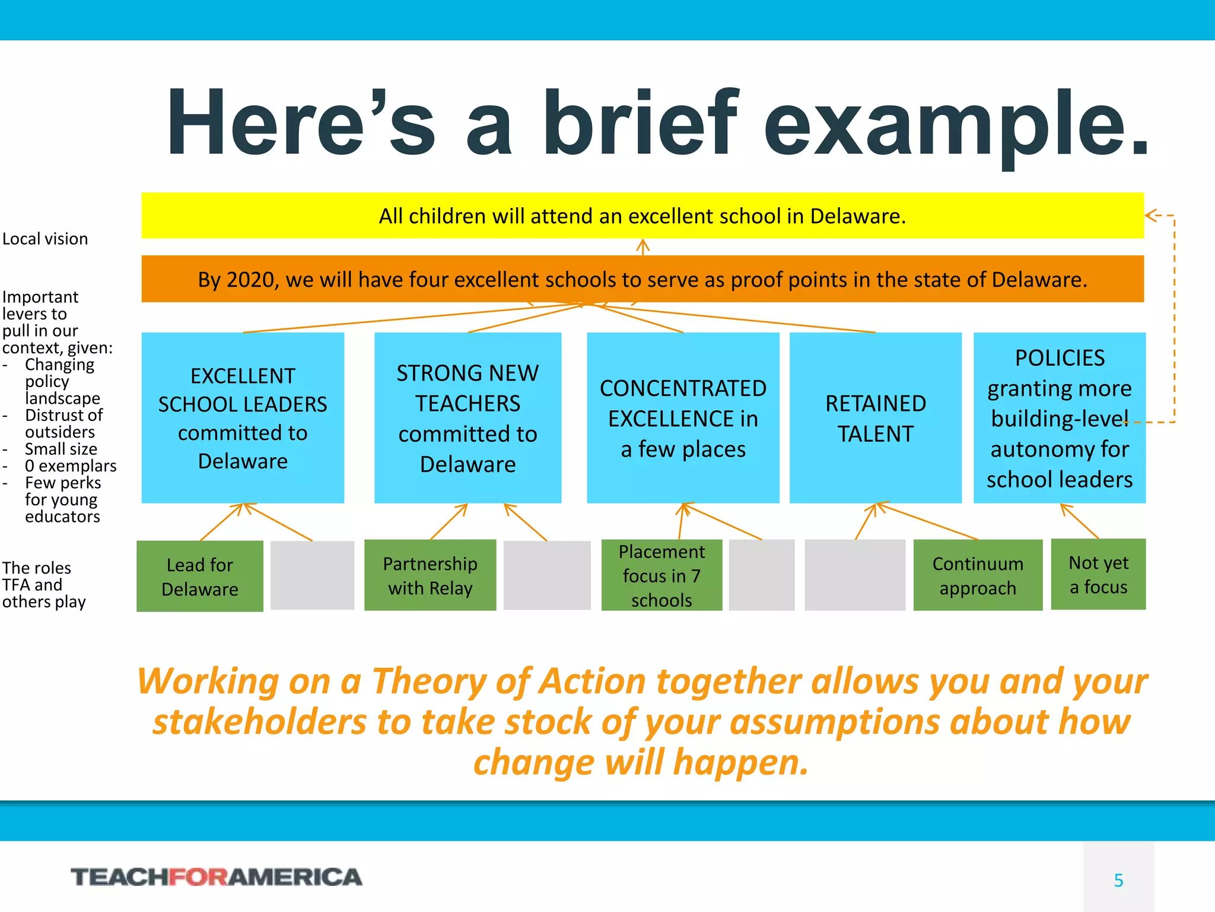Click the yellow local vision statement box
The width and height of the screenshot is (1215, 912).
[x=643, y=216]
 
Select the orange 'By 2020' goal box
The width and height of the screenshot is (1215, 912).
[x=643, y=279]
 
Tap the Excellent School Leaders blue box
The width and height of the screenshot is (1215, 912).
[x=243, y=418]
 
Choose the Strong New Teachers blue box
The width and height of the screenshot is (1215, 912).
[x=467, y=418]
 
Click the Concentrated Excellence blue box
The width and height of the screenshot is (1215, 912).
[x=683, y=418]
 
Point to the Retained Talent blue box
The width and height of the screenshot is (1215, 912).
[x=875, y=418]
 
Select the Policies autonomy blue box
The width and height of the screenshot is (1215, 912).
[x=1059, y=418]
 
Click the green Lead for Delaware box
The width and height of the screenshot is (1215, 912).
[x=200, y=576]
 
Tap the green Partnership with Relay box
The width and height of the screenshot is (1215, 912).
[x=430, y=575]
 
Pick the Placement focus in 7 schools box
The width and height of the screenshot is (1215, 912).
[x=661, y=575]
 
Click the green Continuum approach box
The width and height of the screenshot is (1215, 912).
[x=978, y=575]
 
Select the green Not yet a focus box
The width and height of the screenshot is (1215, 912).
[x=1098, y=574]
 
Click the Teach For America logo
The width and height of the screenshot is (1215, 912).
[x=217, y=877]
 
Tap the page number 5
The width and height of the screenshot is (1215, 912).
[x=1118, y=880]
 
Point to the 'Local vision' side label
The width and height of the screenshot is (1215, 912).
[x=45, y=239]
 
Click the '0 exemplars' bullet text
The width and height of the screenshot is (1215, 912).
[x=70, y=466]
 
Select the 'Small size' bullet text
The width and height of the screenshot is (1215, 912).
[x=61, y=449]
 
